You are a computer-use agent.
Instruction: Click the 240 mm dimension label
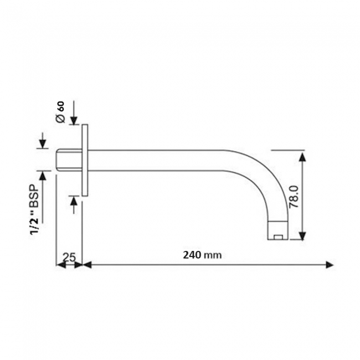tap(202, 255)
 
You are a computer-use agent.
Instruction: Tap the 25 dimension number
tap(69, 258)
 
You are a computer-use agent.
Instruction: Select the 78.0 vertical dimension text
tap(294, 197)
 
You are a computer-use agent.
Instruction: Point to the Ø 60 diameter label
tap(60, 112)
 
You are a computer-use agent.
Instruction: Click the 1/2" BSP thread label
tap(35, 209)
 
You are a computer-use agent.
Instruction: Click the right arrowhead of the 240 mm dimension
tap(330, 265)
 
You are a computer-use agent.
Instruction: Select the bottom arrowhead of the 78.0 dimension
tap(302, 236)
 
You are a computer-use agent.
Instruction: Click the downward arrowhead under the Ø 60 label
tap(74, 120)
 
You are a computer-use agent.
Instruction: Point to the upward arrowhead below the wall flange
tap(74, 201)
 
